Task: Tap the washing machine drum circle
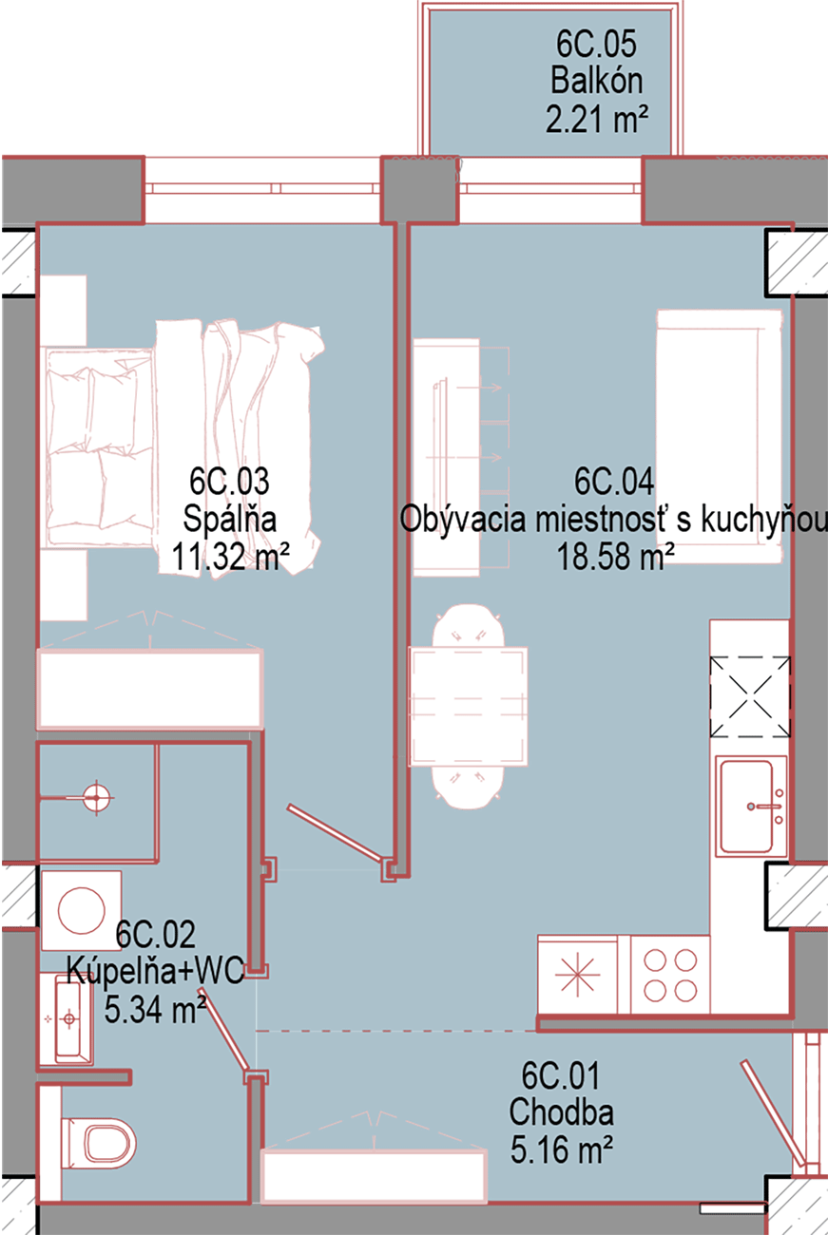click(x=81, y=910)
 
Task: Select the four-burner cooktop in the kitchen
click(x=670, y=975)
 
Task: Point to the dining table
click(x=468, y=707)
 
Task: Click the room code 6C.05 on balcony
click(x=596, y=44)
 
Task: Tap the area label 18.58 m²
click(x=615, y=556)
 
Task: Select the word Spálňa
click(x=229, y=519)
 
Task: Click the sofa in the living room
click(x=720, y=436)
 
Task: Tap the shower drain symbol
click(x=97, y=797)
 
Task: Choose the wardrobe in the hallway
click(x=374, y=1175)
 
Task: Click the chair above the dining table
click(x=468, y=626)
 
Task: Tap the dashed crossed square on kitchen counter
click(x=750, y=696)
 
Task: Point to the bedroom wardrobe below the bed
click(x=149, y=689)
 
